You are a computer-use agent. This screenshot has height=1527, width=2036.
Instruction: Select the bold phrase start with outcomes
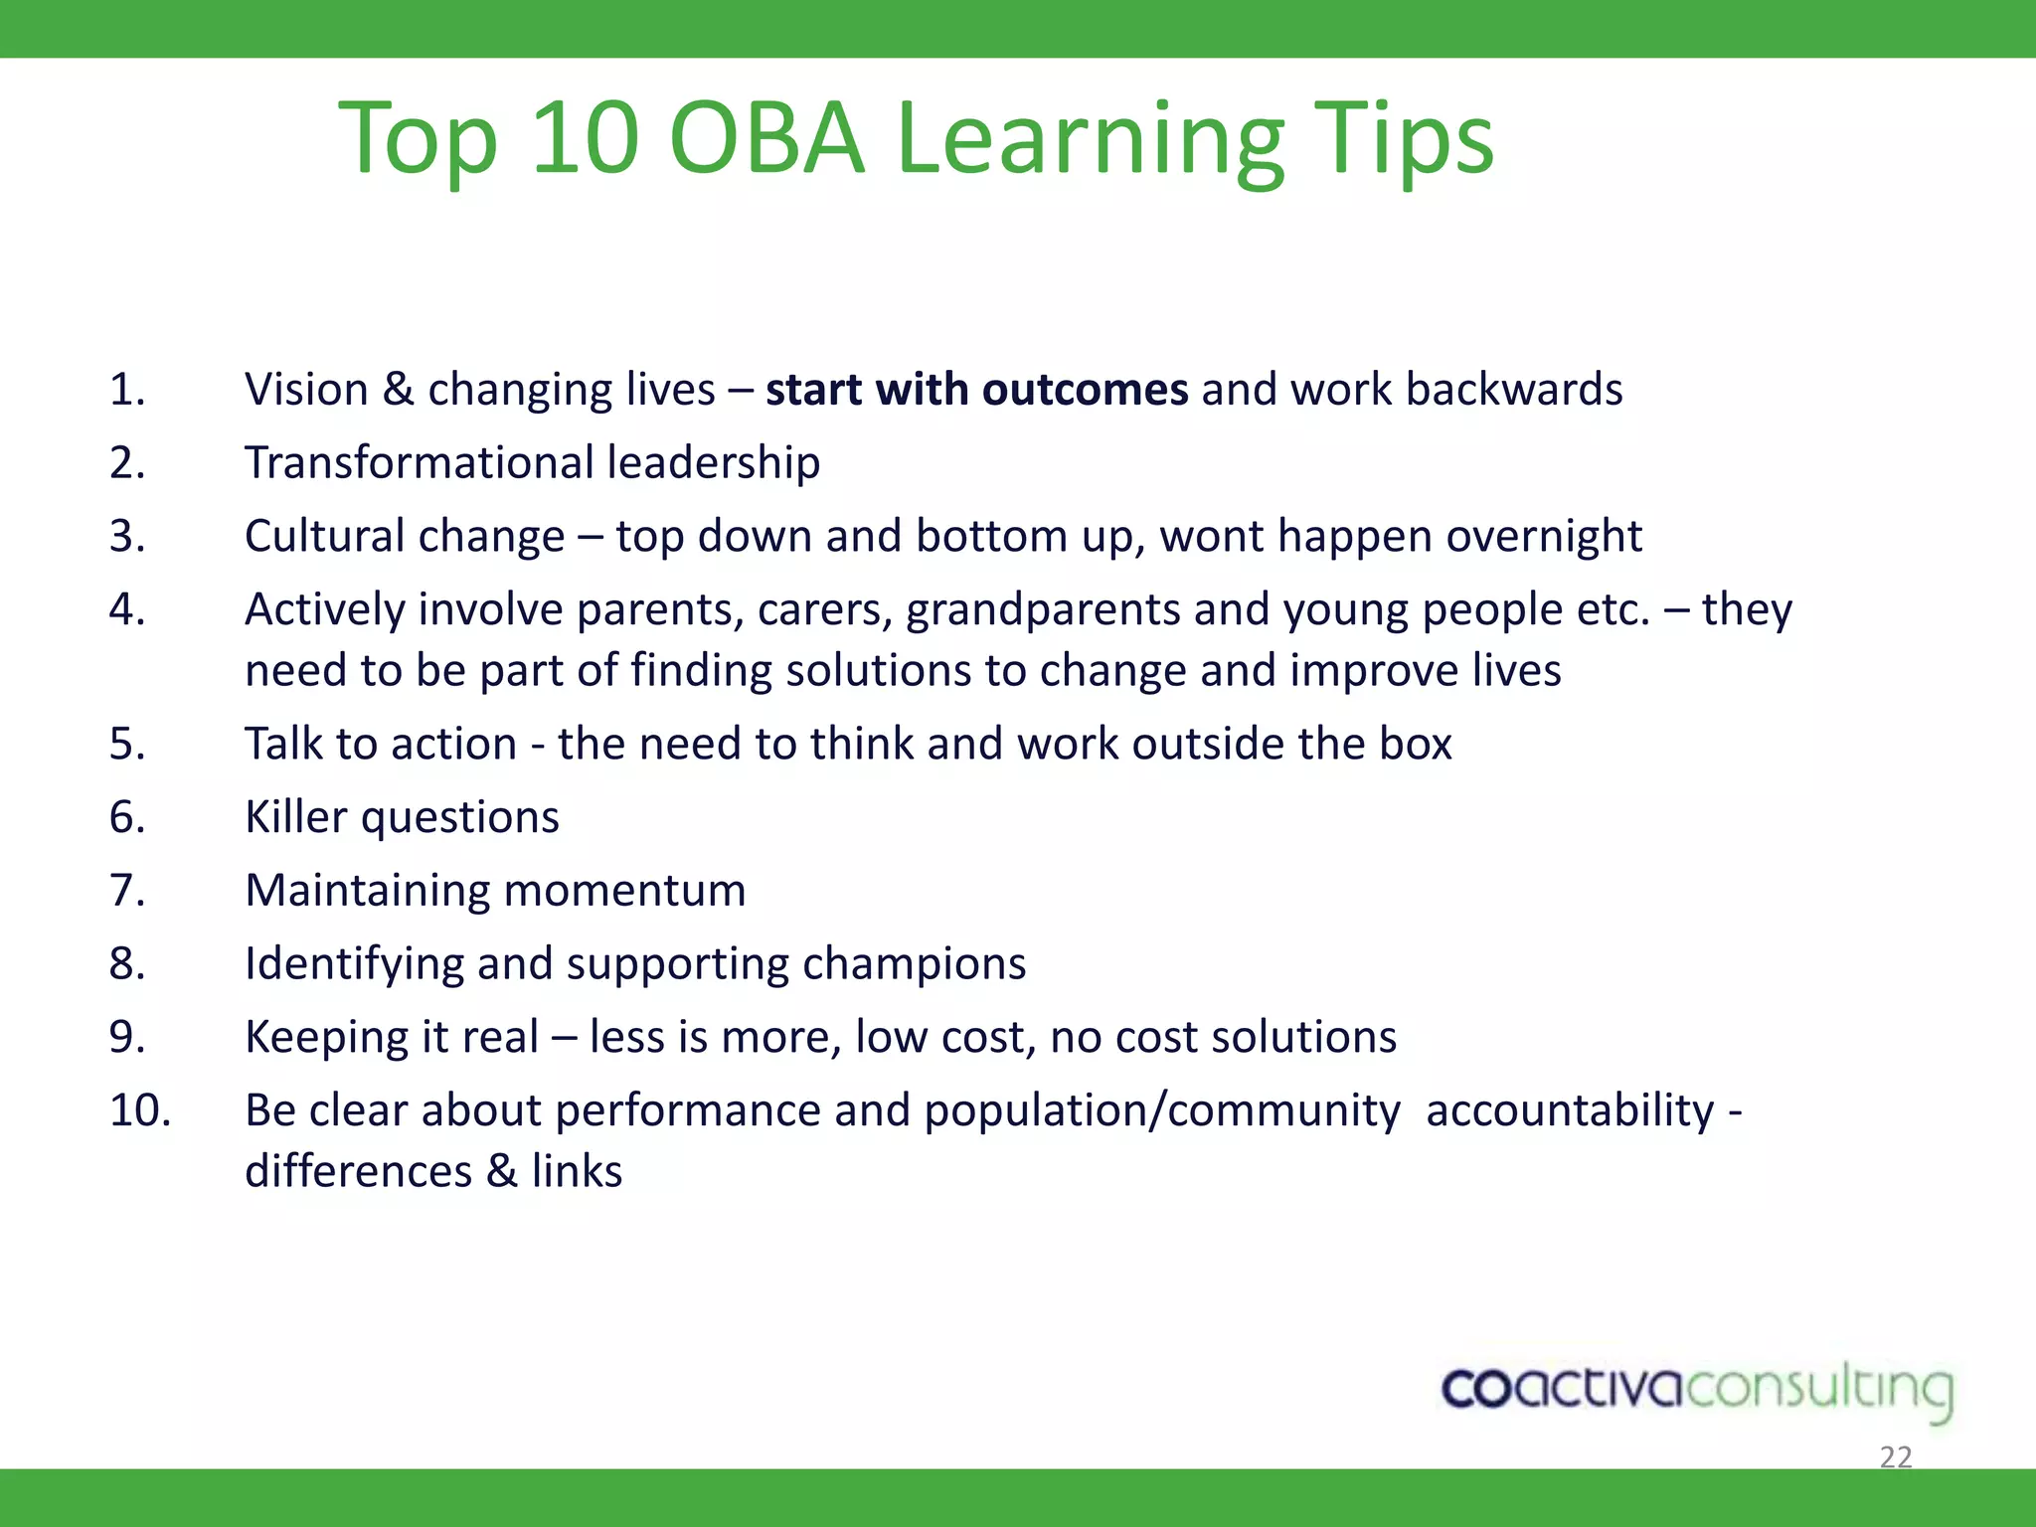(x=976, y=389)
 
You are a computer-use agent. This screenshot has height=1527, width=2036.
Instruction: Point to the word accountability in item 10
(x=1570, y=1110)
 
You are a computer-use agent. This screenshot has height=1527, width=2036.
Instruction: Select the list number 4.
(x=127, y=609)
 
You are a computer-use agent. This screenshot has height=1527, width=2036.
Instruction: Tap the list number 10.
(x=139, y=1110)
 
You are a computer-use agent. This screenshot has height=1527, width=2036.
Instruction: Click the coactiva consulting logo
(x=1697, y=1390)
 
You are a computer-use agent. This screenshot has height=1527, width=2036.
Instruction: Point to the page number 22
(x=1895, y=1457)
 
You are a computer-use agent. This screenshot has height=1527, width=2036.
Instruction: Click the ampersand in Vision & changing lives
(x=398, y=389)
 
